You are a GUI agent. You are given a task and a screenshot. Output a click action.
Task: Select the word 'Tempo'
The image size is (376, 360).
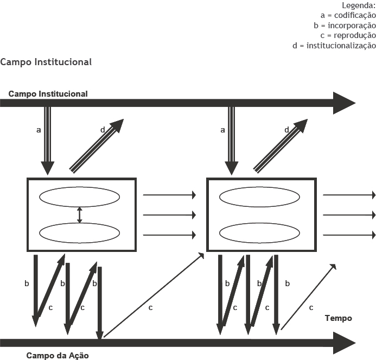(x=338, y=318)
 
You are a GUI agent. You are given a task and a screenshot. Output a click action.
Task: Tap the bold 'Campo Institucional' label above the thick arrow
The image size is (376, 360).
(x=48, y=94)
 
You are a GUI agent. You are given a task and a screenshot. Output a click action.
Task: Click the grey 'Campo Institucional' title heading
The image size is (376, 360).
(x=46, y=62)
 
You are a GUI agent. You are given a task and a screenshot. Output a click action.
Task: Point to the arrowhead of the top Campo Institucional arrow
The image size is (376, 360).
(x=343, y=103)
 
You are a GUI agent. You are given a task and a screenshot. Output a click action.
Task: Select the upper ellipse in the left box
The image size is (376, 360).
(x=79, y=197)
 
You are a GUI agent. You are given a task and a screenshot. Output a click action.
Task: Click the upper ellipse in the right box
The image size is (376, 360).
(x=260, y=197)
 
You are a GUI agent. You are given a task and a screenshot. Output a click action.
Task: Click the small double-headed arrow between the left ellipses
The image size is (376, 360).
(x=80, y=214)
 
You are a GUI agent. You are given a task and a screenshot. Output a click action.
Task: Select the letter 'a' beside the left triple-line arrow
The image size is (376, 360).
(x=38, y=130)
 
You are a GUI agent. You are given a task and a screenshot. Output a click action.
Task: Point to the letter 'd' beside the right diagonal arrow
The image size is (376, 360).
(x=287, y=130)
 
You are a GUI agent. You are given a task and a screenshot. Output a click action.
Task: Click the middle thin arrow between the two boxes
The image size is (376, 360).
(x=169, y=215)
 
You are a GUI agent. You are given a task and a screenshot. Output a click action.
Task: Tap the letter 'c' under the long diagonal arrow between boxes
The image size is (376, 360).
(x=150, y=308)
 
